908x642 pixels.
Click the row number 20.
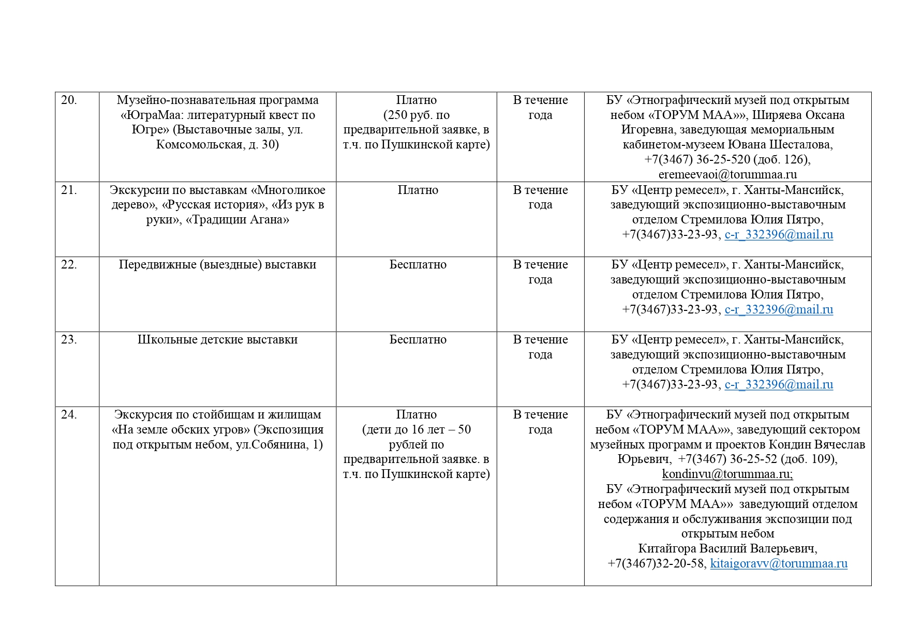(x=69, y=100)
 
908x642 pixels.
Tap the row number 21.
(x=69, y=190)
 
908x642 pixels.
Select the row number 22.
(x=69, y=265)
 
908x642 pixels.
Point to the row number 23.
(x=69, y=340)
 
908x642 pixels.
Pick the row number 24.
(x=69, y=415)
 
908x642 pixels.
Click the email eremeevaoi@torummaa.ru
(x=727, y=174)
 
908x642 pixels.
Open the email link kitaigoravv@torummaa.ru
(x=779, y=563)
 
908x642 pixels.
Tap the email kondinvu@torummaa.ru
(x=727, y=474)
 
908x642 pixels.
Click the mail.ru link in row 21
(x=779, y=235)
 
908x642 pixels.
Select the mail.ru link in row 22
(x=779, y=310)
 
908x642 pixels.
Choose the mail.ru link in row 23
(x=779, y=385)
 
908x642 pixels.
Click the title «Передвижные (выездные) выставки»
(x=217, y=265)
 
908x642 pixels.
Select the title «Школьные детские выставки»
(x=217, y=340)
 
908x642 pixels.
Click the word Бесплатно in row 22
(x=418, y=265)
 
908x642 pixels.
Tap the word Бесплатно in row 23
(x=418, y=340)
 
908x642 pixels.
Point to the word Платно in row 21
(x=418, y=190)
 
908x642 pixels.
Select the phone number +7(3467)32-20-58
(x=656, y=563)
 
